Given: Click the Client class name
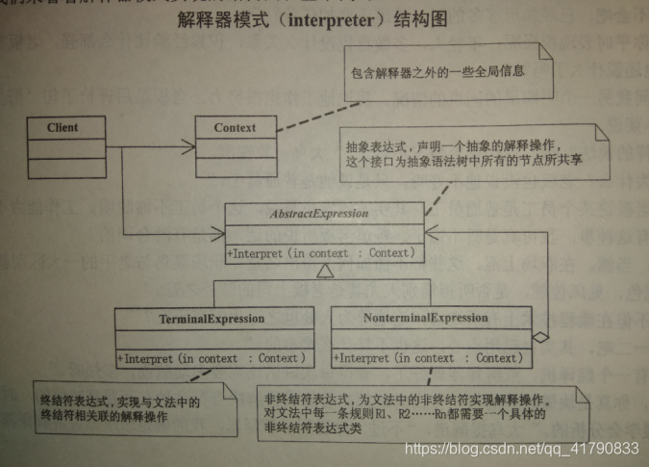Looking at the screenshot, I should (62, 127).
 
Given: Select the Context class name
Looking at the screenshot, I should (235, 128).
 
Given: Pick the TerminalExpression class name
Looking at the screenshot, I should (212, 317).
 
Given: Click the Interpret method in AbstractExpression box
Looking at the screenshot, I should (321, 253).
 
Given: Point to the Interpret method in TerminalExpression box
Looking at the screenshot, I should (212, 359).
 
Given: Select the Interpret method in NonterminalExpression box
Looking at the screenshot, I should (427, 358).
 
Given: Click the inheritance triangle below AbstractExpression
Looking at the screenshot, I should (324, 274).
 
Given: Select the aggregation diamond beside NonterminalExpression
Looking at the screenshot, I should (542, 335).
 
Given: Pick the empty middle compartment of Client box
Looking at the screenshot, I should (62, 146).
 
